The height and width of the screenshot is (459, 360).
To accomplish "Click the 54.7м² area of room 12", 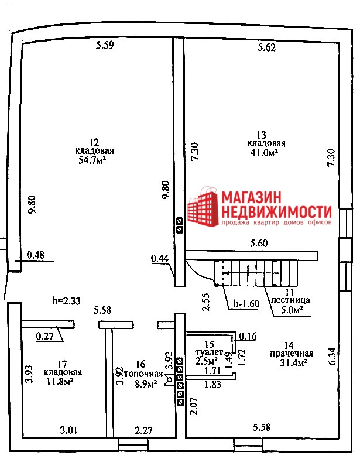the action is [92, 160].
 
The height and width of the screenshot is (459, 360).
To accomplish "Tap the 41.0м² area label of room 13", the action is [263, 152].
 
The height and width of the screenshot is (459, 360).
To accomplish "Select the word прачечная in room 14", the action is [292, 354].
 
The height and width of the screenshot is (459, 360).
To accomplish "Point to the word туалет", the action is [210, 352].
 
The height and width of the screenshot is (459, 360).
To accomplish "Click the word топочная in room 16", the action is [144, 374].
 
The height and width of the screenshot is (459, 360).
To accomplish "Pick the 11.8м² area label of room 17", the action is [60, 382].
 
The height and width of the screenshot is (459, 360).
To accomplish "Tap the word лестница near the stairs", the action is [290, 300].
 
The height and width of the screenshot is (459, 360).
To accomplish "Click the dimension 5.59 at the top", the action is [105, 46].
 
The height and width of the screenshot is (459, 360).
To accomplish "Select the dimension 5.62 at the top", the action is [267, 47].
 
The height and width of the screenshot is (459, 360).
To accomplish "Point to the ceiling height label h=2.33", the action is [67, 301].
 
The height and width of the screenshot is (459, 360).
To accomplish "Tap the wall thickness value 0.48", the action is [36, 255].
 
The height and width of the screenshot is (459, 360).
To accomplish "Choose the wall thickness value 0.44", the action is [160, 258].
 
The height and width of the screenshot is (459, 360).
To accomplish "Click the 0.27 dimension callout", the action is [44, 336].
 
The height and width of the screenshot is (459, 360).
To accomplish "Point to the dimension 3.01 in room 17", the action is [69, 430].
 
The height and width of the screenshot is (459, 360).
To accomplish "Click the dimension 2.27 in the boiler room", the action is [144, 430].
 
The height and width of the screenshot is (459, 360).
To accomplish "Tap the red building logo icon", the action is [203, 207].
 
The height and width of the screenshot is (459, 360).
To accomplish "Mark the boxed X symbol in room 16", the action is [169, 379].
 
